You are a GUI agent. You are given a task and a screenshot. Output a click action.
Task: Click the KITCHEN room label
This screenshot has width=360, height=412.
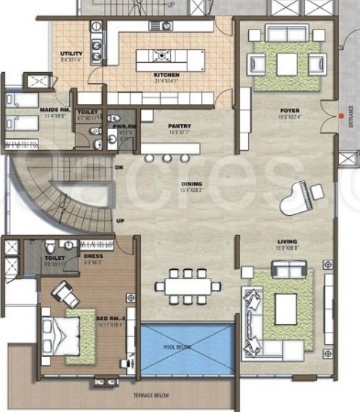click(x=166, y=75)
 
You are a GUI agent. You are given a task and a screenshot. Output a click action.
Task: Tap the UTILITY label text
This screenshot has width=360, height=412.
click(x=71, y=54)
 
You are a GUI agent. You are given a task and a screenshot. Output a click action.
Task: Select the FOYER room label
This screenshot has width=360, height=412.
click(x=289, y=110)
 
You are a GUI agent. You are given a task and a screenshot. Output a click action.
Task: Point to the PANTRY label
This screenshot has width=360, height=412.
click(x=179, y=126)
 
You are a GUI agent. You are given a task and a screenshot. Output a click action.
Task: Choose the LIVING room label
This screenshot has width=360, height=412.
click(x=287, y=242)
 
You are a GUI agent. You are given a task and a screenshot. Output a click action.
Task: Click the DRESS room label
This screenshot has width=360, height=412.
click(x=93, y=255)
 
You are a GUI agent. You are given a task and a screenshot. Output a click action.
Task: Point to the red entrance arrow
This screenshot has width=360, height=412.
click(x=341, y=115)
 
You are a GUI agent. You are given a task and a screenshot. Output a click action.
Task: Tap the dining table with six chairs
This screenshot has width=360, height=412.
click(x=187, y=286)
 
